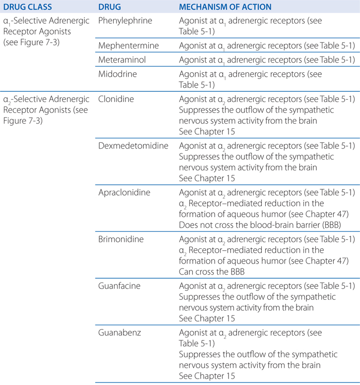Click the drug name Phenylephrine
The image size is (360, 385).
click(x=125, y=21)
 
